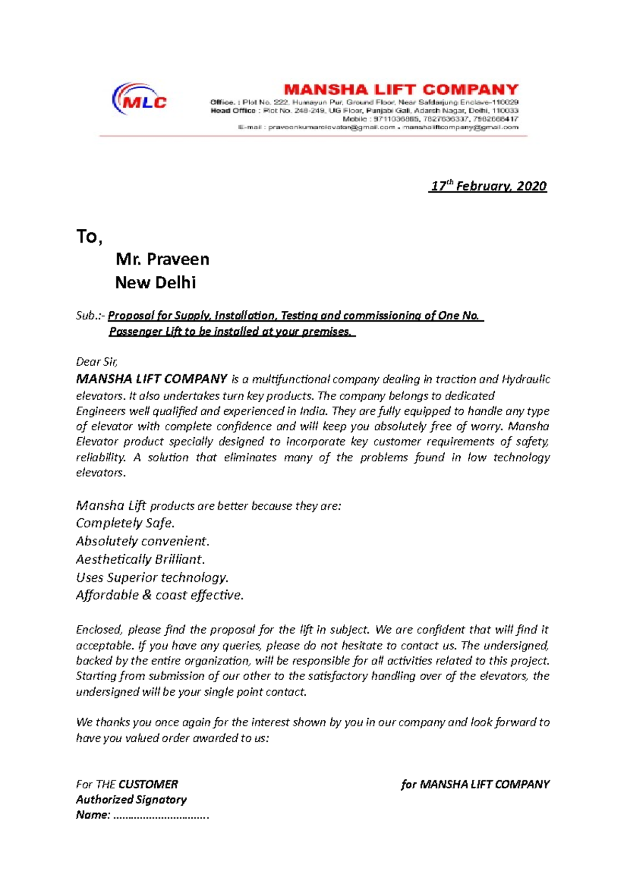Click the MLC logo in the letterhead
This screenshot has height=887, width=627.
[140, 99]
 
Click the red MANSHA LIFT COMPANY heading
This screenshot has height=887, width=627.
[401, 90]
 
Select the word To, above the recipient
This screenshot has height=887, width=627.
[89, 237]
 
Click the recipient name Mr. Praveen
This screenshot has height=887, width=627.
[162, 259]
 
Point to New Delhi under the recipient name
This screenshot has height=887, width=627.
[155, 283]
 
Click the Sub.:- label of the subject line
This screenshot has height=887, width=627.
[90, 316]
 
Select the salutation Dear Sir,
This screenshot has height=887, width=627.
[97, 361]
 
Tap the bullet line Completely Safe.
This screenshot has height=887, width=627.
[125, 523]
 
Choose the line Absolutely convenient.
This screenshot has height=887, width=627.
[142, 541]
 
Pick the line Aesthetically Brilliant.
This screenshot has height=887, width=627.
[140, 559]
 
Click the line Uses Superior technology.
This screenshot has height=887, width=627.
[152, 577]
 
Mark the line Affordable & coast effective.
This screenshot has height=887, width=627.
[159, 595]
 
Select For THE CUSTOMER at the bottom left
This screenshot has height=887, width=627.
[127, 784]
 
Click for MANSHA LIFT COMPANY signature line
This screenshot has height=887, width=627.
[475, 784]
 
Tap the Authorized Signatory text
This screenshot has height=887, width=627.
[131, 799]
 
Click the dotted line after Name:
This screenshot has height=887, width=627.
[161, 815]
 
